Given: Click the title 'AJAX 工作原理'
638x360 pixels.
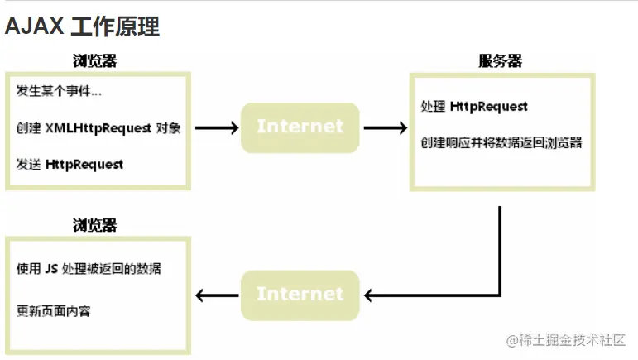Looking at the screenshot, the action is click(82, 26).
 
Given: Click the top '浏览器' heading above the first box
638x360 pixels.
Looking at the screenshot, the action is click(94, 61).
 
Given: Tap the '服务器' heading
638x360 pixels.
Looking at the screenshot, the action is click(500, 61).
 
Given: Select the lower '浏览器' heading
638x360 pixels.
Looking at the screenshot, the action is click(94, 225).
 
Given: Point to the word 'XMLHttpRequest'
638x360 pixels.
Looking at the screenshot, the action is click(98, 128).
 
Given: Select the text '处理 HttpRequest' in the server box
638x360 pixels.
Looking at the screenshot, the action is click(474, 107).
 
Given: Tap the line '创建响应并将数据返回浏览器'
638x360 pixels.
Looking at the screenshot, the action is click(501, 142).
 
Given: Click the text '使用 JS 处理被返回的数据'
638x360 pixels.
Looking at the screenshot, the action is click(89, 269).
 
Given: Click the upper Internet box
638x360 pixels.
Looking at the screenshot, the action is click(300, 127).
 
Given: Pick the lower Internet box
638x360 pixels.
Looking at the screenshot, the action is click(300, 294).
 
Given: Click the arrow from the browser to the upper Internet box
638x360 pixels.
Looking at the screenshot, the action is click(217, 128).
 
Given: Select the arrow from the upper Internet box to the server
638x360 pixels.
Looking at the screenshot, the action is click(385, 128).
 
